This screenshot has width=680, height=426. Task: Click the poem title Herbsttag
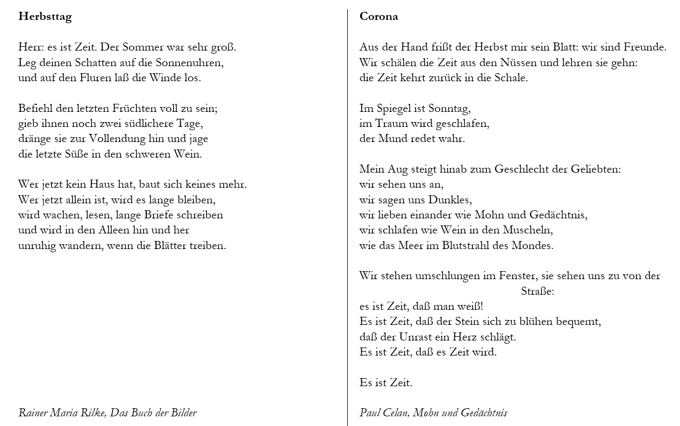click(45, 17)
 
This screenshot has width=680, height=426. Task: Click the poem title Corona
click(378, 17)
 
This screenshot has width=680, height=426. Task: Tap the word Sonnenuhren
click(191, 62)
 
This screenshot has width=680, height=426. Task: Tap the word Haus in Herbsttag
click(102, 184)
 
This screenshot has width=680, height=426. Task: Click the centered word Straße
click(537, 292)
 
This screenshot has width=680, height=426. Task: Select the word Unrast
click(418, 337)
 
